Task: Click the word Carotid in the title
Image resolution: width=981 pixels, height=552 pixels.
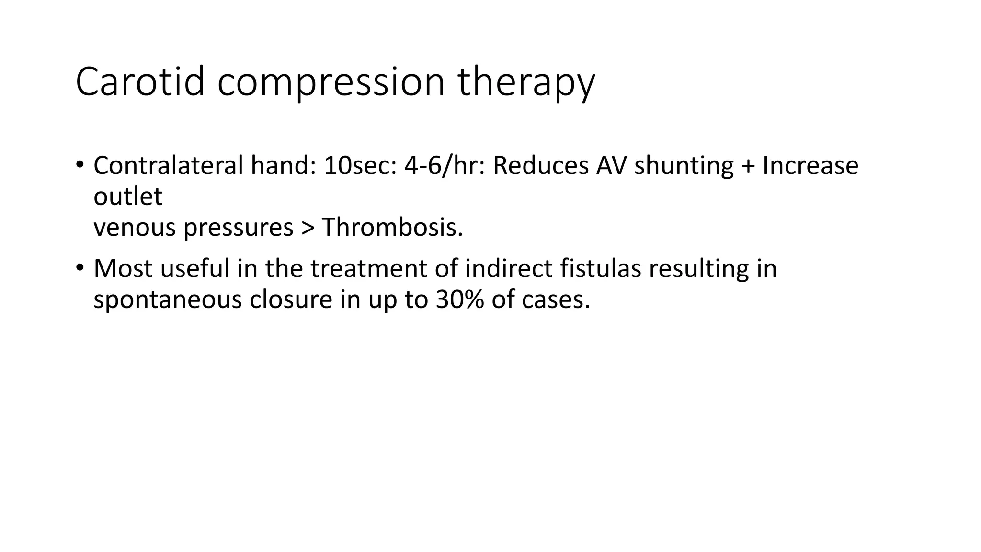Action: point(140,82)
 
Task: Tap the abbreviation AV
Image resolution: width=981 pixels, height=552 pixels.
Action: point(611,165)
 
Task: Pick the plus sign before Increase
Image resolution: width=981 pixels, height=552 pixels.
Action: point(748,166)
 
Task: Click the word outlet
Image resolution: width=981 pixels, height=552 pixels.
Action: point(128,196)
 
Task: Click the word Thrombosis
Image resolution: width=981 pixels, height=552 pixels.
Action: point(392,227)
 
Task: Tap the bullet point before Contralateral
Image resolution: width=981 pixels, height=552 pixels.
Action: point(80,163)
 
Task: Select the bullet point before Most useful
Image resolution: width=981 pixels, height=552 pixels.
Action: point(80,266)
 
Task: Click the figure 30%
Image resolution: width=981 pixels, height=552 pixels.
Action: point(459,299)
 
